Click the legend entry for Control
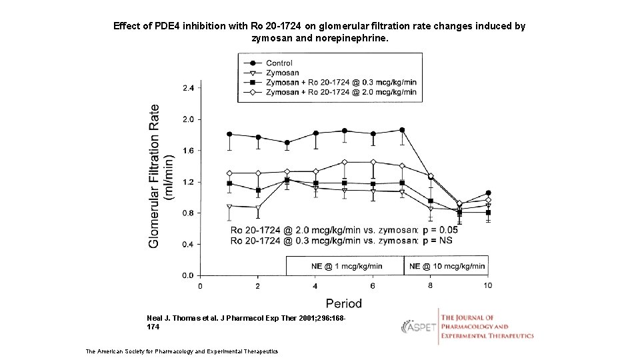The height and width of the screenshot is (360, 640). [x=279, y=63]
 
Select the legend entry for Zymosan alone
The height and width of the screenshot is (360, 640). [x=282, y=73]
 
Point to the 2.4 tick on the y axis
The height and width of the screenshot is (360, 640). [x=188, y=88]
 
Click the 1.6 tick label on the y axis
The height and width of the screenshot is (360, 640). [x=188, y=151]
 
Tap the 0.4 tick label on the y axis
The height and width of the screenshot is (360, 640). [x=188, y=244]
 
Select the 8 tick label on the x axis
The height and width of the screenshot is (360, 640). [x=430, y=286]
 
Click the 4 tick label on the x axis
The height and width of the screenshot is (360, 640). [x=315, y=286]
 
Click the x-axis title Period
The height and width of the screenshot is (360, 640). [x=343, y=303]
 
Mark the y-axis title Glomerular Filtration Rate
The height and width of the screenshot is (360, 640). [x=155, y=176]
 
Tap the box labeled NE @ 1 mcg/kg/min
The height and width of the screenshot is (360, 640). [x=347, y=266]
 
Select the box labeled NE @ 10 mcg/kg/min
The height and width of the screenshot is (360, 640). [x=447, y=266]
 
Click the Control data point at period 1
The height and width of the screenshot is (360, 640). [x=229, y=134]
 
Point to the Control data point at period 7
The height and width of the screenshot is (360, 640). [x=402, y=130]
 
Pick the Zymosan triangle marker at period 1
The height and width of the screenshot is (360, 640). [x=229, y=207]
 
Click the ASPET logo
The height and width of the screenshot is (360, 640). [x=419, y=327]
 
